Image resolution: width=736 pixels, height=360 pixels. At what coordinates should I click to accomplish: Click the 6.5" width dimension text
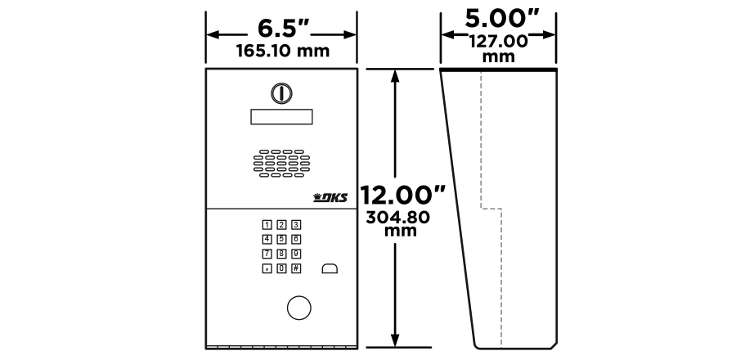283,27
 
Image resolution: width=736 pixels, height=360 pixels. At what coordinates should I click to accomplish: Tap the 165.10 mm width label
282,51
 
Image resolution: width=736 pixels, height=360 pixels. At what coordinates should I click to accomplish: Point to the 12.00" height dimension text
404,196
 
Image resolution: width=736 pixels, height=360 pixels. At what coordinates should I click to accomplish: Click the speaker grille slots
281,163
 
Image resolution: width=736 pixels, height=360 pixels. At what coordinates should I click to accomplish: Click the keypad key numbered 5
281,239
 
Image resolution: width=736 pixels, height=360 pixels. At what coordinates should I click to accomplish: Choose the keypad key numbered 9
296,254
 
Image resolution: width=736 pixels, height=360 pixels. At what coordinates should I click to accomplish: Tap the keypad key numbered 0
281,268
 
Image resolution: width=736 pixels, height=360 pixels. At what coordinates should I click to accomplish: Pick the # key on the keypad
296,268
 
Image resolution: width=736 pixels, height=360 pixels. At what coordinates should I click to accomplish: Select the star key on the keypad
267,268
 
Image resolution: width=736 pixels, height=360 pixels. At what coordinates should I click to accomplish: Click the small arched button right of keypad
330,268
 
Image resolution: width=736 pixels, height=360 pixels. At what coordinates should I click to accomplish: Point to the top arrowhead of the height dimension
396,75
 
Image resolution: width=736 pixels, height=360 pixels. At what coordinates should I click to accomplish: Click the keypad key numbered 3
296,224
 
